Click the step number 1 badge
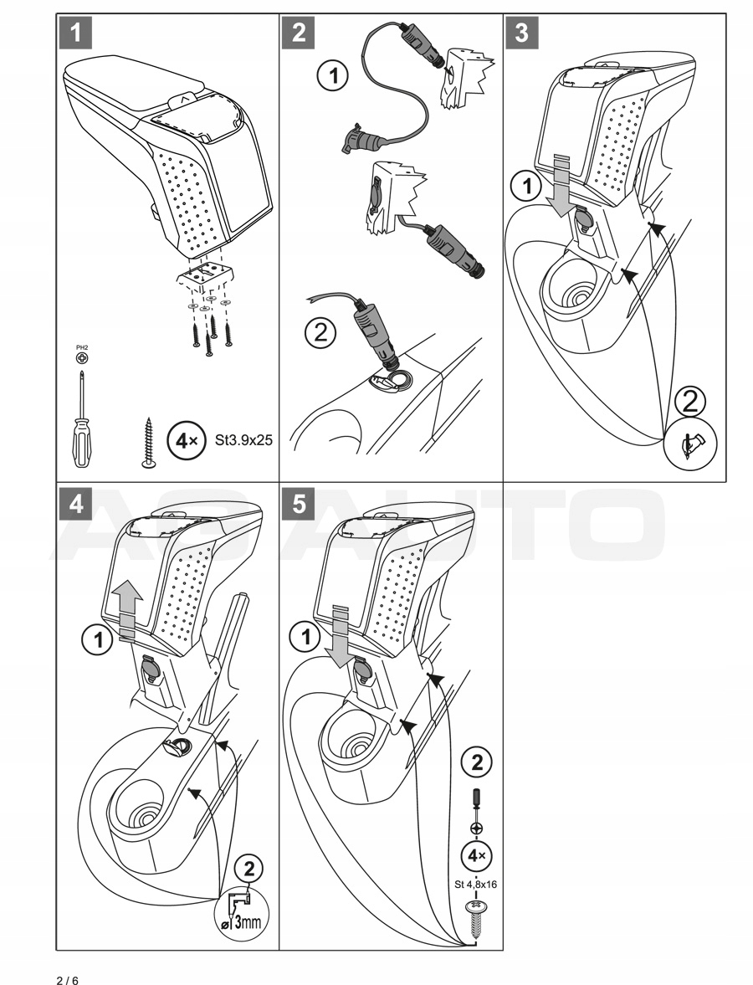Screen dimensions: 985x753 (x=76, y=33)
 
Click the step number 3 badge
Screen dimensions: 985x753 (x=522, y=33)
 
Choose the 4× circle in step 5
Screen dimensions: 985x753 (x=478, y=856)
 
